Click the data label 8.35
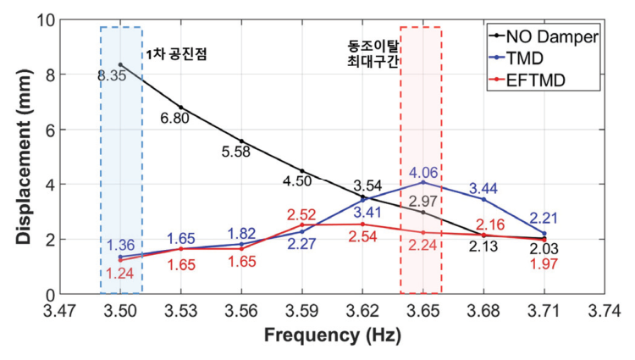pyautogui.click(x=111, y=76)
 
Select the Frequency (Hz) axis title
pyautogui.click(x=331, y=335)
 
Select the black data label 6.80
pyautogui.click(x=174, y=118)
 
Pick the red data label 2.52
pyautogui.click(x=301, y=214)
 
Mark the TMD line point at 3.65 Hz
pyautogui.click(x=422, y=182)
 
